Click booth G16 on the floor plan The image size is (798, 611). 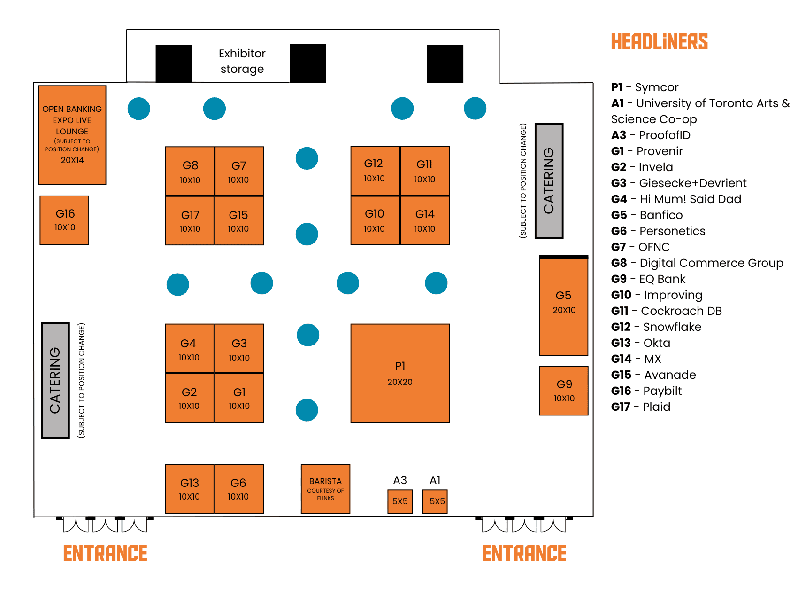point(64,220)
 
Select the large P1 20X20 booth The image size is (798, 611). point(400,373)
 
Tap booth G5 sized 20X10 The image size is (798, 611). point(563,305)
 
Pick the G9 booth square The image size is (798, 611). point(563,391)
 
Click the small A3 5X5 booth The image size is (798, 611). point(400,501)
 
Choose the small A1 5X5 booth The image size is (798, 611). point(435,501)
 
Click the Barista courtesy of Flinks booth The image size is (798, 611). point(325,489)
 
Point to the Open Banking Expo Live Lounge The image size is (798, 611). point(72,134)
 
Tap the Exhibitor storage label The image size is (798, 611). point(242,61)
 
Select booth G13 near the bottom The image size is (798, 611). point(190,489)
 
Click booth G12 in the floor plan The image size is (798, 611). point(375,170)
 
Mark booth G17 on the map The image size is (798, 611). point(190,221)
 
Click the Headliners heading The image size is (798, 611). point(659,42)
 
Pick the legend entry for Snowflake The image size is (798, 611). point(672,327)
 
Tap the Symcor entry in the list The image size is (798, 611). point(656,87)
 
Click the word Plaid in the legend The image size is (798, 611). point(656,407)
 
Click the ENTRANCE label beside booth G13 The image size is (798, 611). point(105,553)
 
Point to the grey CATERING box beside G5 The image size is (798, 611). point(549,181)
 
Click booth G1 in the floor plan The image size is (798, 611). point(239,398)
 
